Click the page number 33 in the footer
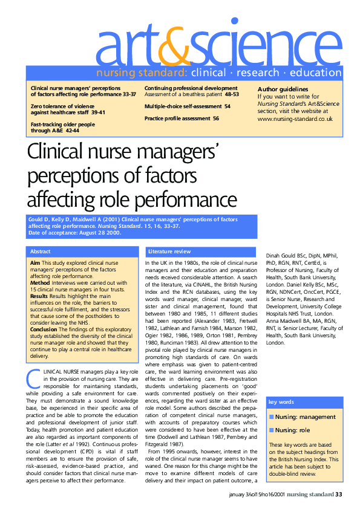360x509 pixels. tap(339, 495)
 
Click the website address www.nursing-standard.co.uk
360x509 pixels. tap(295, 118)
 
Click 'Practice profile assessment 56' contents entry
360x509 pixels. tap(182, 118)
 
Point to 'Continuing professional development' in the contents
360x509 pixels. tap(191, 88)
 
